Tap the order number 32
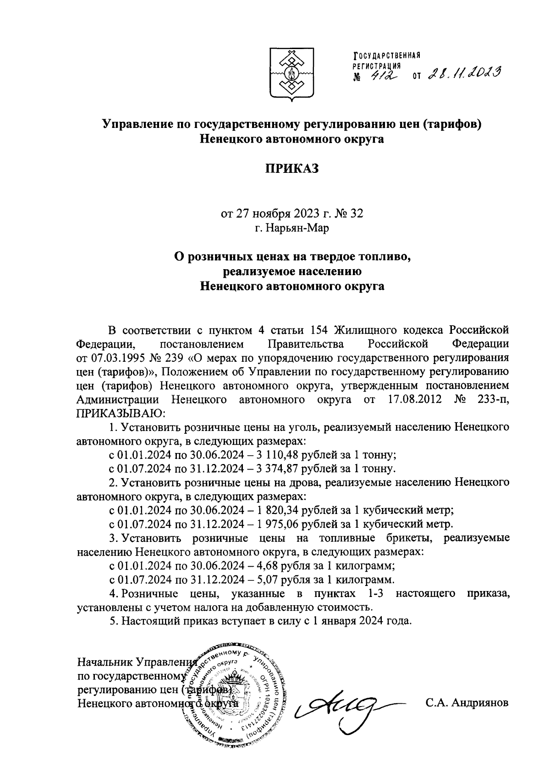[x=355, y=214]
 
